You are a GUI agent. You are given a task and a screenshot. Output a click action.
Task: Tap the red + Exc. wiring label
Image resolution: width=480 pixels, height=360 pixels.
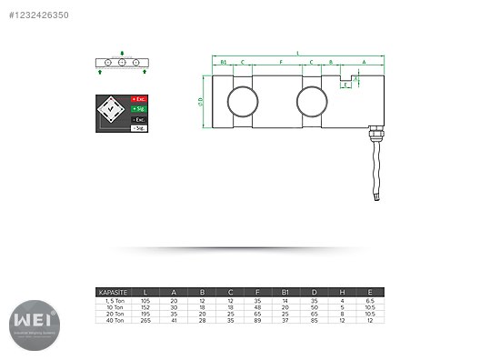(x=139, y=97)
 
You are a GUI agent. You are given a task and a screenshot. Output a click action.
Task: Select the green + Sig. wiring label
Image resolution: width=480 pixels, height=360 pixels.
(x=139, y=108)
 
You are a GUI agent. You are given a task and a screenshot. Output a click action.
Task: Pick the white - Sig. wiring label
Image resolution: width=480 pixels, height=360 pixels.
(x=139, y=129)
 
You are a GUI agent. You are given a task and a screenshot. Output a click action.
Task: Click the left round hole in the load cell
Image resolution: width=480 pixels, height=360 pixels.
(x=242, y=100)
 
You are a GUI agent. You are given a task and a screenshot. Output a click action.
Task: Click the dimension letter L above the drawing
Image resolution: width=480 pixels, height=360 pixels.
(x=297, y=53)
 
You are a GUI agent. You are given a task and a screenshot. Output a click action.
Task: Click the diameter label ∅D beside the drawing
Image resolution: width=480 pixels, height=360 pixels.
(x=201, y=101)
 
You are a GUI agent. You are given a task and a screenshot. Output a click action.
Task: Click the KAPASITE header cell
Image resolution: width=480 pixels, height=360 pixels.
(x=111, y=292)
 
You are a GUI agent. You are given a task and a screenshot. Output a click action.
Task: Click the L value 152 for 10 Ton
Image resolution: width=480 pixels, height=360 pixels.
(x=147, y=305)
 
